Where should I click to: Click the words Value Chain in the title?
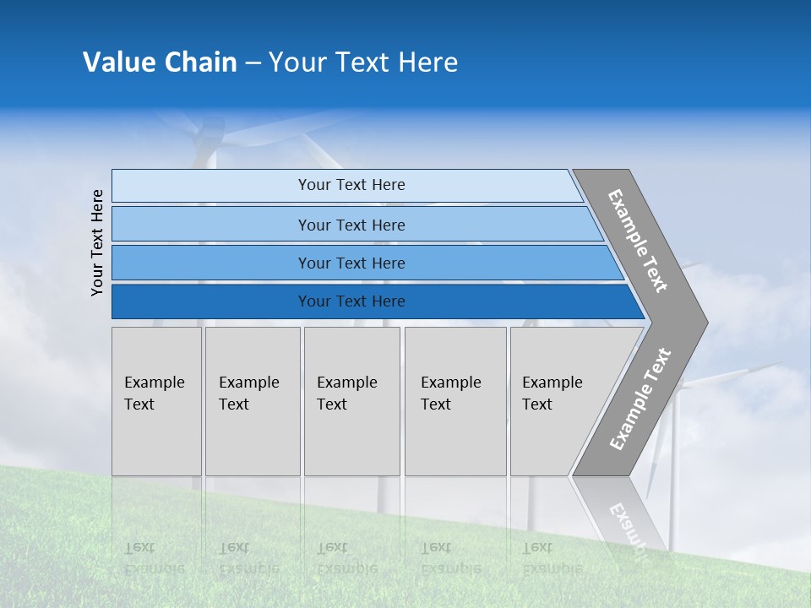tap(160, 62)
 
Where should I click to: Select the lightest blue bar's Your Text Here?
tap(351, 185)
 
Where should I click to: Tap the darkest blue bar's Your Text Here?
tap(351, 301)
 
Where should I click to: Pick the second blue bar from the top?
tap(351, 225)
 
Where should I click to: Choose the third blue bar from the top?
tap(351, 263)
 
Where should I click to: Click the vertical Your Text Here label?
tap(97, 242)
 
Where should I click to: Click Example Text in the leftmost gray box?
tap(154, 394)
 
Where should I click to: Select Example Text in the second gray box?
tap(248, 394)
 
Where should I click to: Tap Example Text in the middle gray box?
tap(346, 394)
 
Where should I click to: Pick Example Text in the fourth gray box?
tap(450, 394)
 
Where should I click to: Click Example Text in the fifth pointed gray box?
tap(552, 394)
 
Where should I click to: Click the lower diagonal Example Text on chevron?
tap(640, 399)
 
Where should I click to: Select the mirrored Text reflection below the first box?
tap(140, 548)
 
